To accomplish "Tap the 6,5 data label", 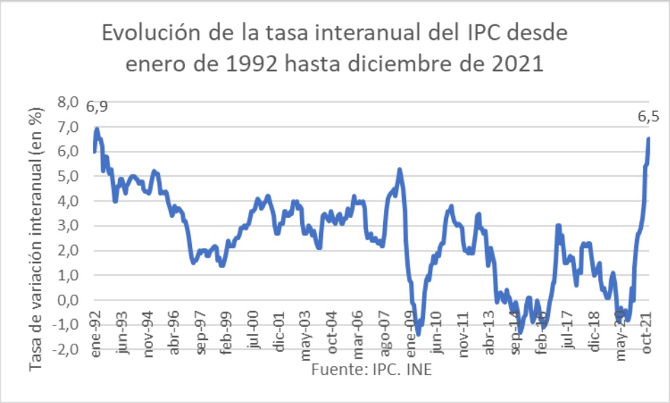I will (648, 117).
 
